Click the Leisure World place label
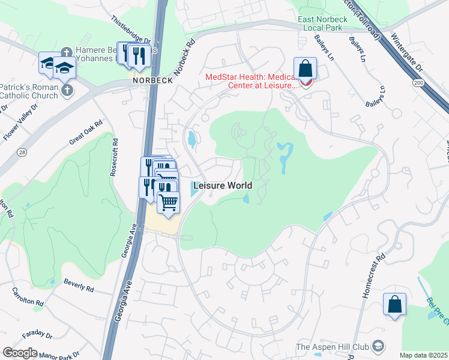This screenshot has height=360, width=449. [222, 185]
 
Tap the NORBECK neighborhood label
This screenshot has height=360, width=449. [153, 80]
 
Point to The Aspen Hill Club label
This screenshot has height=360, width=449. [334, 347]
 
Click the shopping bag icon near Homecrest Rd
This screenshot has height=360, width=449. [395, 304]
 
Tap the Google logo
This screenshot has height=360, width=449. [20, 352]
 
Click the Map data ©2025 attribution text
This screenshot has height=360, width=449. [423, 355]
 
